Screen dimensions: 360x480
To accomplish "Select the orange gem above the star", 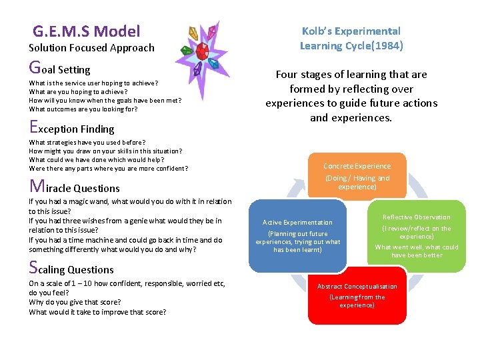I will coord(194,32).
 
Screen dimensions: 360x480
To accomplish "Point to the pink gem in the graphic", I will coord(212,31).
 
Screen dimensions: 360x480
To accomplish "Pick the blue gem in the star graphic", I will coord(214,64).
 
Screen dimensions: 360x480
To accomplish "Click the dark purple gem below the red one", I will coord(197,69).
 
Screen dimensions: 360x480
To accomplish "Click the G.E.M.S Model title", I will coord(87,31).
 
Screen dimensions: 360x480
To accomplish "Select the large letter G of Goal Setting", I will coord(34,67).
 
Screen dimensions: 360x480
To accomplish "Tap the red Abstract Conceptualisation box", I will coord(357,295).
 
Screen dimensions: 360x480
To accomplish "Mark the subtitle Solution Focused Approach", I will coord(91,48).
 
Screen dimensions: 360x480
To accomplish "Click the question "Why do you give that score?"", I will coord(74,302).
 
